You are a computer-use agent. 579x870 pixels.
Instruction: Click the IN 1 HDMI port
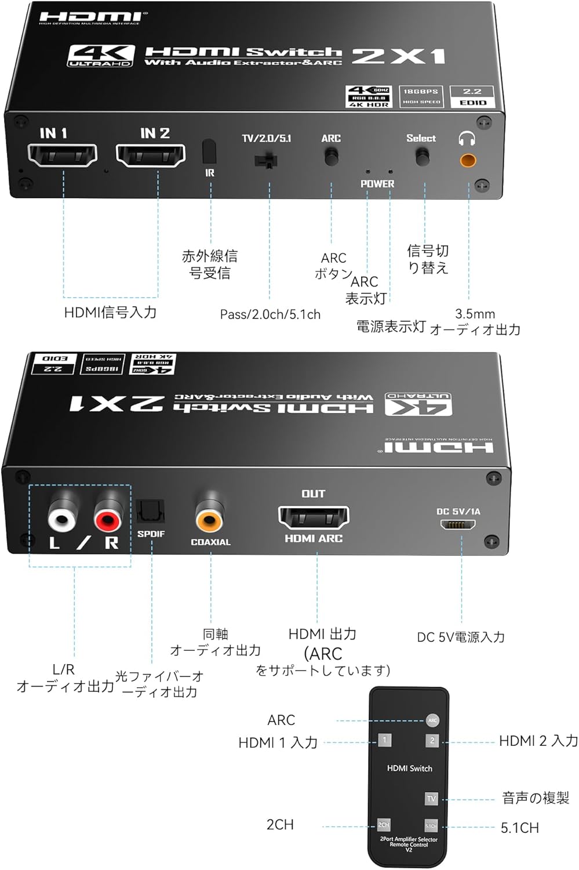[63, 155]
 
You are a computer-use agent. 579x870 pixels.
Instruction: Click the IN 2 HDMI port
[151, 155]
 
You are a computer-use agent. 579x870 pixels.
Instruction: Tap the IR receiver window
[209, 152]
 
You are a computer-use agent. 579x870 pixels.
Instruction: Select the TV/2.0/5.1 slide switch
[266, 160]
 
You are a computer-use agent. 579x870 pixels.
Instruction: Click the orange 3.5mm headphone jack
[468, 159]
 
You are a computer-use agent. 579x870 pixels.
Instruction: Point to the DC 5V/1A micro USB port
[458, 524]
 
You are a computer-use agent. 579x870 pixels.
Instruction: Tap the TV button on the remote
[431, 799]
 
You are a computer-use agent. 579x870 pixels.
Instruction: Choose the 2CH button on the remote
[384, 825]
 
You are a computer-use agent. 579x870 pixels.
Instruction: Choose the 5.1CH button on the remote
[431, 826]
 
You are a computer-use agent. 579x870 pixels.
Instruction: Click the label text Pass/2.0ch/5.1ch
[270, 314]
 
